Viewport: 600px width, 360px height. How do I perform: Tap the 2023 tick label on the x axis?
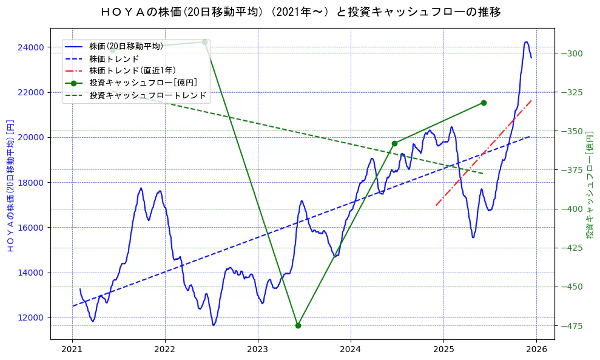tap(258, 350)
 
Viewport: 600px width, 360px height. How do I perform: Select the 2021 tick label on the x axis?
tap(72, 350)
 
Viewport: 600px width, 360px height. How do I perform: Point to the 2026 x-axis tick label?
tap(536, 350)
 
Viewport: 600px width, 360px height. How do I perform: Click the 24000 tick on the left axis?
tap(30, 47)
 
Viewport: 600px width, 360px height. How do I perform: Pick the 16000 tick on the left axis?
tap(30, 228)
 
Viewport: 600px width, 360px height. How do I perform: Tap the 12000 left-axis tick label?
tap(30, 318)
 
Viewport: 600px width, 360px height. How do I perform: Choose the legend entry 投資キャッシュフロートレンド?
tap(147, 95)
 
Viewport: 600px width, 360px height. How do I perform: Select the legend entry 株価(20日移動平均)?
tap(126, 46)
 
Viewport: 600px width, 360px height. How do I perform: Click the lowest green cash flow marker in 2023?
tap(298, 325)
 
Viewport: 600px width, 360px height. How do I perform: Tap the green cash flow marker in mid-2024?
tap(394, 143)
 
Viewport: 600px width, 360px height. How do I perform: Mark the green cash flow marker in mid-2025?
tap(484, 103)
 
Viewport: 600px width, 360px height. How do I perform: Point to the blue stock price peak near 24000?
tap(526, 42)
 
